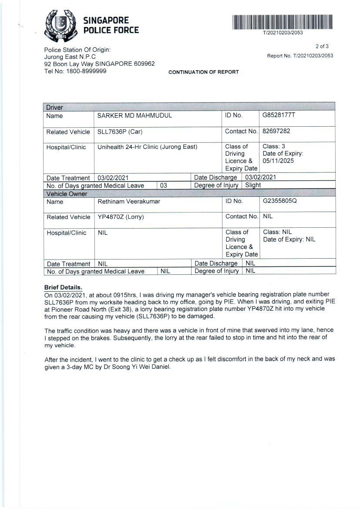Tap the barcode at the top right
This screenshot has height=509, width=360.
click(x=283, y=22)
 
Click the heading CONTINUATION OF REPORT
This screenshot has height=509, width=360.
click(x=203, y=72)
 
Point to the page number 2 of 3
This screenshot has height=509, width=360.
click(x=322, y=46)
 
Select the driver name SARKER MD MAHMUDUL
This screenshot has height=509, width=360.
click(x=135, y=116)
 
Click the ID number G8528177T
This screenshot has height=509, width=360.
click(x=279, y=115)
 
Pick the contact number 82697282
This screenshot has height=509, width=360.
click(x=276, y=131)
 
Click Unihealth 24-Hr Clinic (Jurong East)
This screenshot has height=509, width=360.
click(x=147, y=147)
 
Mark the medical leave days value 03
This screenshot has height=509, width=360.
click(x=164, y=185)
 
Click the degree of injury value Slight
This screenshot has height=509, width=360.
click(x=253, y=185)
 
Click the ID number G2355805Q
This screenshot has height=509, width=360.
click(x=279, y=201)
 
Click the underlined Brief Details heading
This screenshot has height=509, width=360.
click(x=63, y=287)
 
